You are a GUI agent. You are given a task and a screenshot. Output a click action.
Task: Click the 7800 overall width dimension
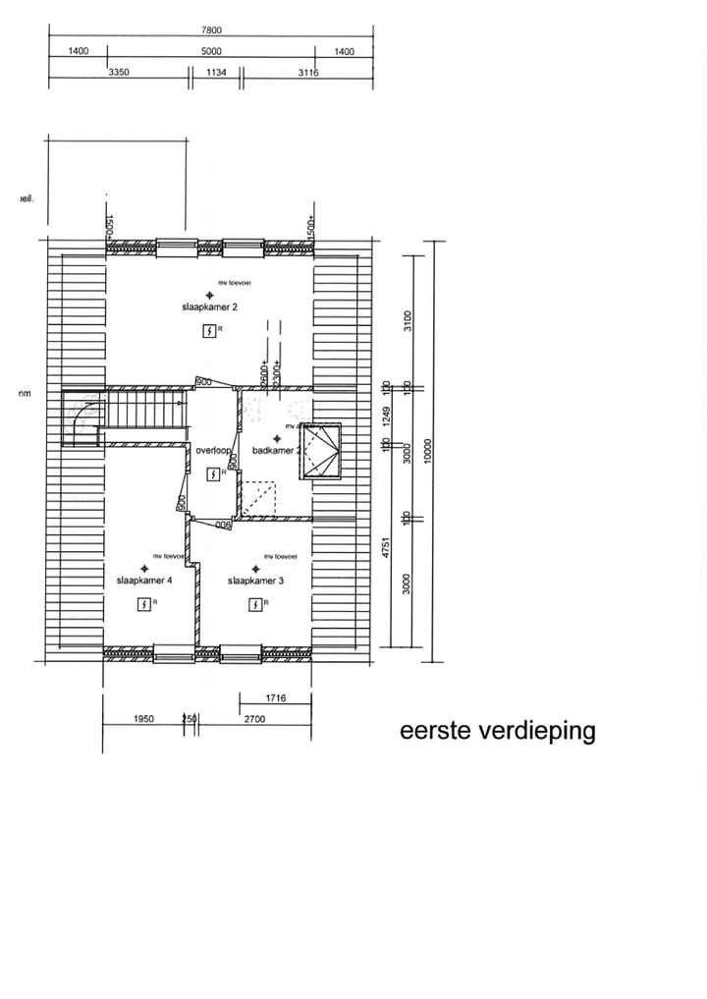coord(211,29)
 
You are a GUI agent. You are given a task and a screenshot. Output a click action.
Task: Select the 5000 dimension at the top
coord(211,51)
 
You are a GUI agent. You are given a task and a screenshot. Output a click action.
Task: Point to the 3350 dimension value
coord(119,72)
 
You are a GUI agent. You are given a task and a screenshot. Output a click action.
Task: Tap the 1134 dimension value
coord(216,72)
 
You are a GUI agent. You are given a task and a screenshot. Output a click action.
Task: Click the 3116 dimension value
coord(307,72)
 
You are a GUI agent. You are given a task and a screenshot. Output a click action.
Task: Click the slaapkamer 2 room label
coord(208,306)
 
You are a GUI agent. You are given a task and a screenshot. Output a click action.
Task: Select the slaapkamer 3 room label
coord(255,581)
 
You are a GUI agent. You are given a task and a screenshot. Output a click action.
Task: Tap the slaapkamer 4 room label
coord(144,581)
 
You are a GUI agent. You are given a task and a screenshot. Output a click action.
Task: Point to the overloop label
coord(212,450)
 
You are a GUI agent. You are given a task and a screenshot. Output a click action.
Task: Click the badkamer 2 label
coord(275,450)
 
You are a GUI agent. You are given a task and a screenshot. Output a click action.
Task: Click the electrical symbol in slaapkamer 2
coord(208,331)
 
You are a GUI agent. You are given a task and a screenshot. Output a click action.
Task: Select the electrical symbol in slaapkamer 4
coord(144,604)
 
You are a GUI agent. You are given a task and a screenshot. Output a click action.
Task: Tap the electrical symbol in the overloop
coord(213,473)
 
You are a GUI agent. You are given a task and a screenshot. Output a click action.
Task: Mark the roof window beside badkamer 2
coord(322,450)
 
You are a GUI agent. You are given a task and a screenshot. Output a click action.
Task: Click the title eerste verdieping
coord(497,732)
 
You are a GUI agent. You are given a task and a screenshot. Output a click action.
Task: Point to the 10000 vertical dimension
coord(426,450)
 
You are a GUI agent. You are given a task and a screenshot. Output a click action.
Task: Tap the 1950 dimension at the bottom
coord(143,719)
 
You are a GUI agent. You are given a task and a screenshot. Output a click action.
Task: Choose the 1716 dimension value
coord(275,698)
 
